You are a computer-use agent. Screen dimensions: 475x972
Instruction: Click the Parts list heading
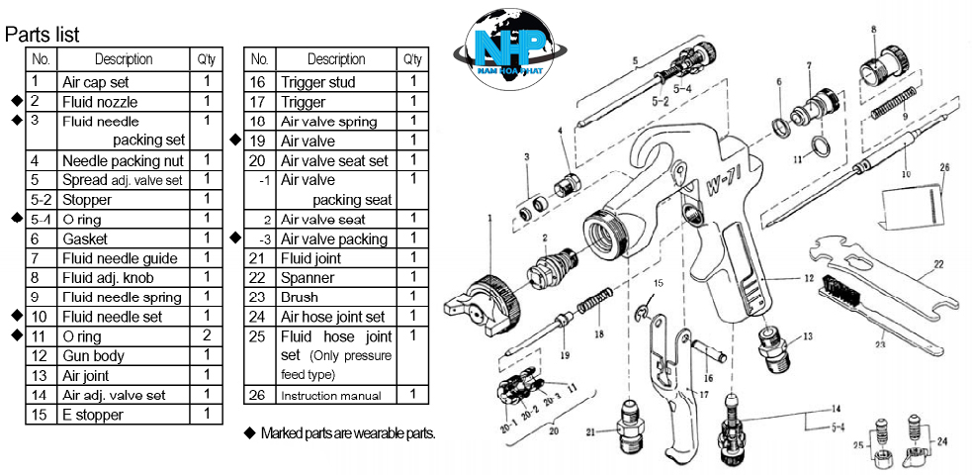point(42,36)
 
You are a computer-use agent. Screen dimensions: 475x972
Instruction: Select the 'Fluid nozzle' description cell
point(100,102)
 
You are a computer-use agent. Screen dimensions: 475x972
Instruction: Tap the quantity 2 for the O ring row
point(207,336)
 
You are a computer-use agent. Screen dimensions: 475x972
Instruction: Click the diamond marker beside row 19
point(235,141)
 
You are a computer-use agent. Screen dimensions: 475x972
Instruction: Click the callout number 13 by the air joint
point(808,336)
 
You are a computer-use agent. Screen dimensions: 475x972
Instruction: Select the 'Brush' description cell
point(301,298)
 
